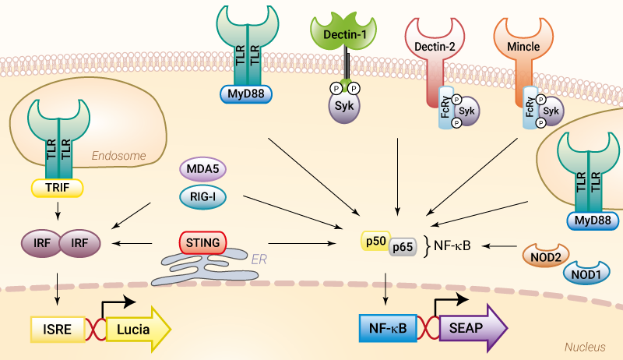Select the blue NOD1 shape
(586, 274)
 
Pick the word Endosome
(118, 156)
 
